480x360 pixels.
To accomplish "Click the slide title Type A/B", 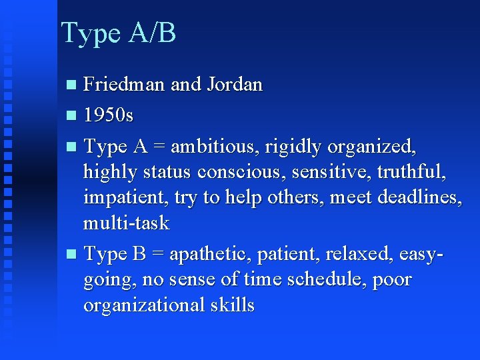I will click(x=118, y=33).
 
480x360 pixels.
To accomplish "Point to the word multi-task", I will click(x=127, y=222).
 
